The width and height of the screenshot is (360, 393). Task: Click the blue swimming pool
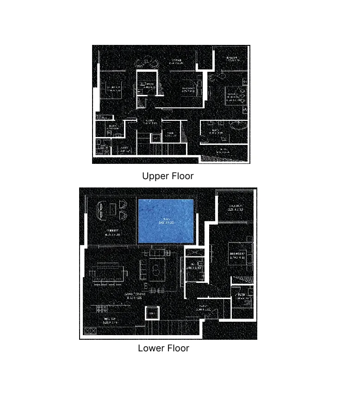pos(165,221)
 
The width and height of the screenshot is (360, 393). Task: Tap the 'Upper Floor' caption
pos(168,176)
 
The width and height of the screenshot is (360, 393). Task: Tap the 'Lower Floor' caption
pos(163,348)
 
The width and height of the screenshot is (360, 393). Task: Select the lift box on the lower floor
pos(152,313)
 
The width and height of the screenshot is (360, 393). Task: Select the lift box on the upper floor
pos(155,137)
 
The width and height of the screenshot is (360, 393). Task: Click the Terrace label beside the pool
pos(112,232)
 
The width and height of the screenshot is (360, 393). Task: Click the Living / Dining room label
pos(135,295)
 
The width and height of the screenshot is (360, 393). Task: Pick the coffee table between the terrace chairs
pos(112,210)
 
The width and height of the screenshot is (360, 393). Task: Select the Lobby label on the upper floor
pos(148,122)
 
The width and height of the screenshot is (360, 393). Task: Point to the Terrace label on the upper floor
pos(176,61)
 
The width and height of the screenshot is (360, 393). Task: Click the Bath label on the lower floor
pos(242,296)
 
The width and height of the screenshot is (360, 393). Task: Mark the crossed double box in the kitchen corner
pos(90,331)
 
